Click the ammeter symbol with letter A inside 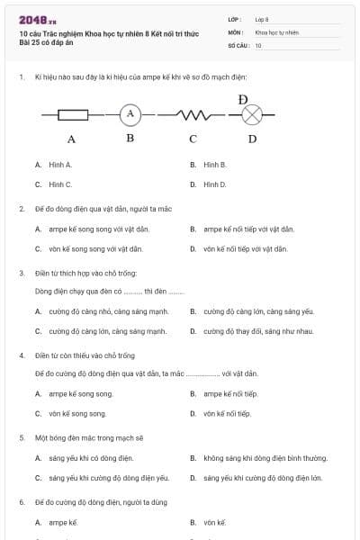pyautogui.click(x=130, y=113)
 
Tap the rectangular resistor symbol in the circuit pyautogui.click(x=72, y=114)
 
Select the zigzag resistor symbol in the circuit pyautogui.click(x=193, y=114)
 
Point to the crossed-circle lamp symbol pyautogui.click(x=253, y=114)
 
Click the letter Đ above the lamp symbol pyautogui.click(x=243, y=98)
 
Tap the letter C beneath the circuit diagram pyautogui.click(x=193, y=139)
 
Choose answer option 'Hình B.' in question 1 pyautogui.click(x=214, y=165)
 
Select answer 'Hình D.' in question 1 pyautogui.click(x=214, y=184)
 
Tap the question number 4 pyautogui.click(x=22, y=355)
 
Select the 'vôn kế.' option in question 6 pyautogui.click(x=214, y=522)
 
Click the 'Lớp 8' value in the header pyautogui.click(x=262, y=18)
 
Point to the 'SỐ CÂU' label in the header pyautogui.click(x=238, y=45)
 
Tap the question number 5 pyautogui.click(x=22, y=437)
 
